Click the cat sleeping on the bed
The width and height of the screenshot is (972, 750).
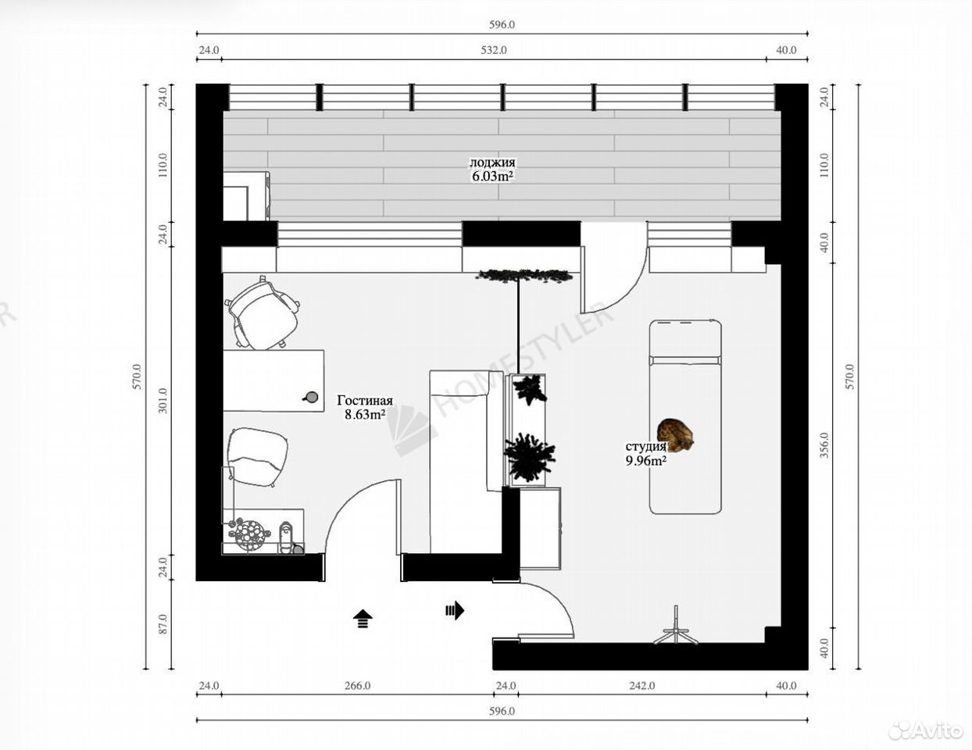pos(675,434)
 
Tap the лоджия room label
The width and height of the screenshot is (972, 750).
pos(492,162)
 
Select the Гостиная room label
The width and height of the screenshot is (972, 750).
pos(365,400)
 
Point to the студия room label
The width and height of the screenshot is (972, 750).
pos(645,446)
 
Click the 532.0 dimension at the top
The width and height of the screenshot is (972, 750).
pos(494,50)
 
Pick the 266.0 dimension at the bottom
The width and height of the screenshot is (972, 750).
pos(357,686)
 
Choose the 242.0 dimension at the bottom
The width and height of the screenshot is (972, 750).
pos(642,686)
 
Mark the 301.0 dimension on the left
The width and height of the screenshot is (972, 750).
pos(163,401)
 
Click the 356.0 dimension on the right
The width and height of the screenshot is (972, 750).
pos(824,445)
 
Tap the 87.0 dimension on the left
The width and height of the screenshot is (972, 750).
pos(163,624)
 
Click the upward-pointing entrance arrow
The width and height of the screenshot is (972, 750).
pos(363,619)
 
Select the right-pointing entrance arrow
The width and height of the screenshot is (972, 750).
pos(455,610)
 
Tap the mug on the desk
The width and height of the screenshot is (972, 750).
pos(310,397)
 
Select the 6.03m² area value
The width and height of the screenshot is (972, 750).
pos(492,177)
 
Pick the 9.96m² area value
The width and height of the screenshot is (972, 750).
pos(646,461)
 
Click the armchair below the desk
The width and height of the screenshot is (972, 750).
pos(257,456)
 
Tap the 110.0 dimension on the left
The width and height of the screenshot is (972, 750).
pos(163,165)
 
